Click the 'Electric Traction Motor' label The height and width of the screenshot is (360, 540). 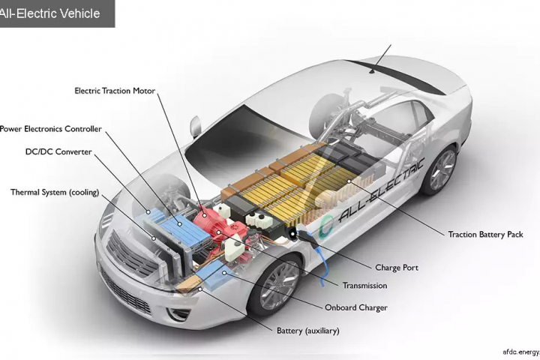[x=115, y=91]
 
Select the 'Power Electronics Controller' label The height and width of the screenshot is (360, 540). [x=50, y=129]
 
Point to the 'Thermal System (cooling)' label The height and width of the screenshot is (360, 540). [x=55, y=192]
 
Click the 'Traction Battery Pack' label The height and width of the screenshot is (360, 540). [x=485, y=234]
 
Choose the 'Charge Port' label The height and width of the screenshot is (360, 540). [x=396, y=268]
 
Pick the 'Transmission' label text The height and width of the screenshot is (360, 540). [x=364, y=286]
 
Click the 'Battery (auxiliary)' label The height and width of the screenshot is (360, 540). [x=307, y=330]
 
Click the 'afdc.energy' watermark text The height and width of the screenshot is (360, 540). [x=520, y=351]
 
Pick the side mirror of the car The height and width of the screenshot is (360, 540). [x=196, y=124]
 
